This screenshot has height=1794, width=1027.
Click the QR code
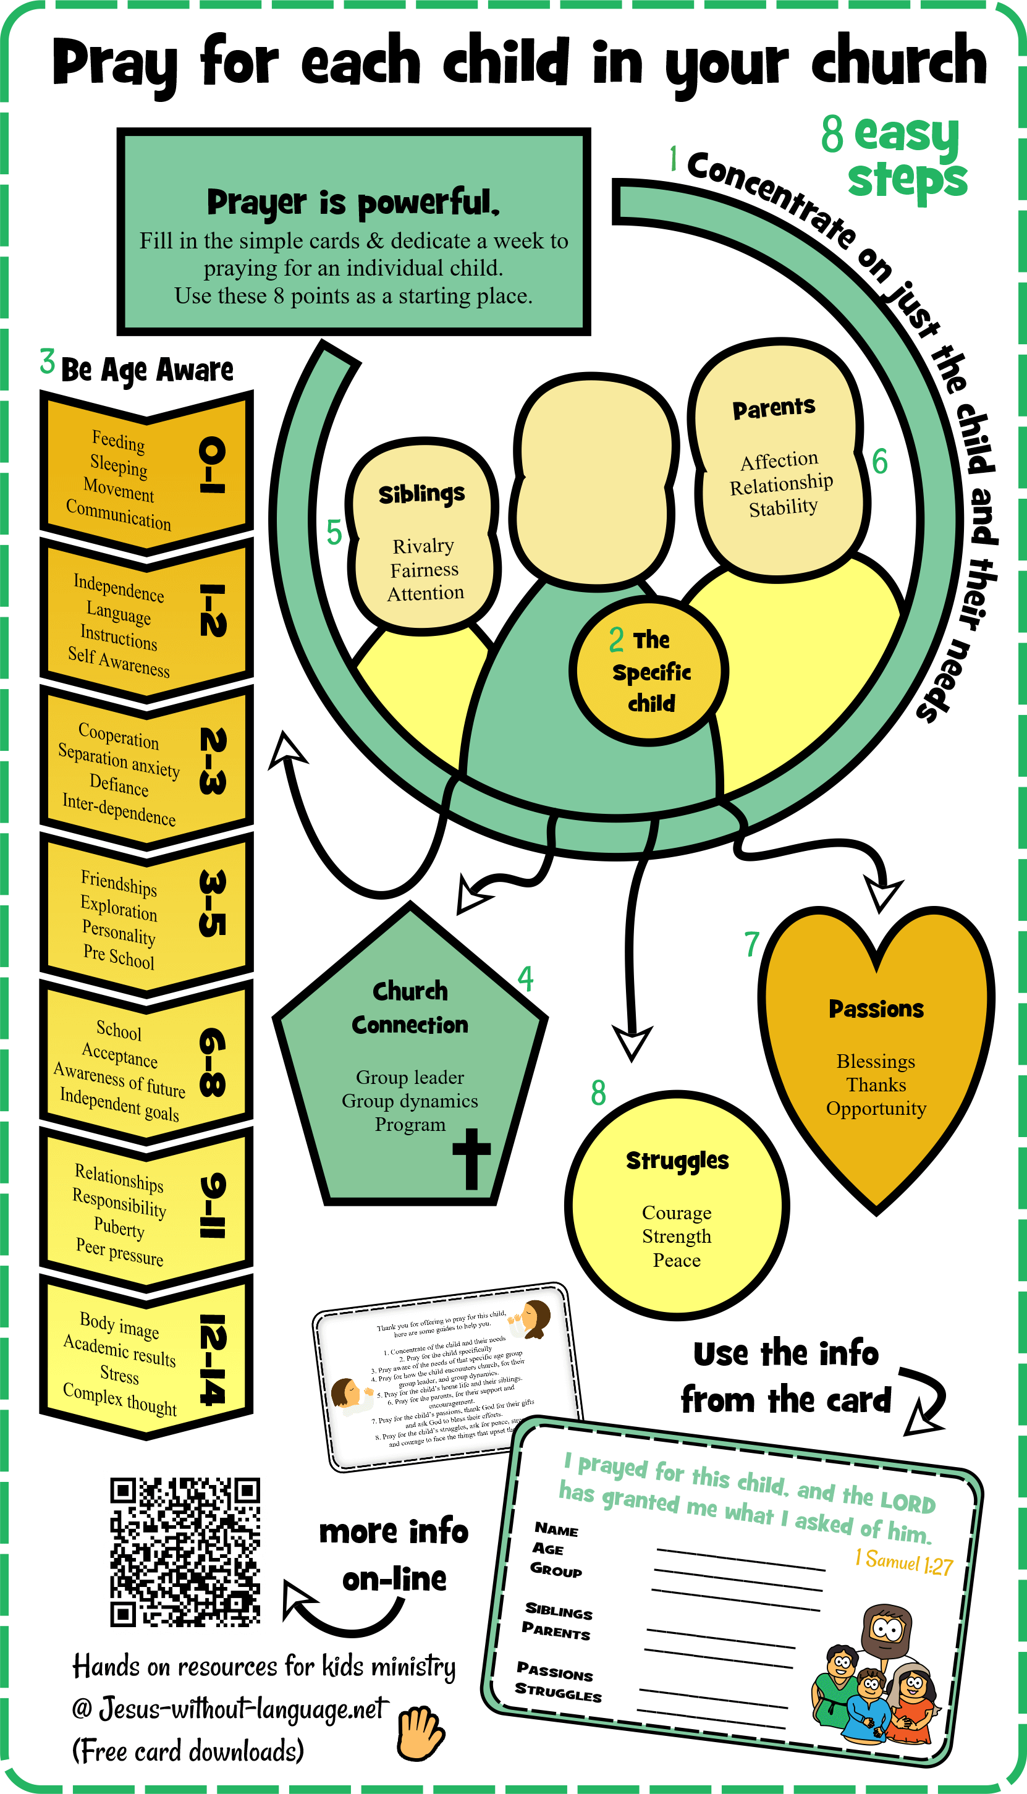(x=185, y=1551)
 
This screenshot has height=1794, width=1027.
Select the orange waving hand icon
(x=420, y=1733)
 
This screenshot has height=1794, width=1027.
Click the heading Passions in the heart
(x=876, y=1009)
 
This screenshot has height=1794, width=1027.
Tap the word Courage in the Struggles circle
(x=677, y=1213)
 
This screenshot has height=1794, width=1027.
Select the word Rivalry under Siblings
(x=423, y=546)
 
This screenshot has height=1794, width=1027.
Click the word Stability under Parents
(x=783, y=507)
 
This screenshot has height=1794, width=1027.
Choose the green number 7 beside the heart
(x=752, y=944)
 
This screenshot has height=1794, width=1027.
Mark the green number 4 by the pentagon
(x=525, y=979)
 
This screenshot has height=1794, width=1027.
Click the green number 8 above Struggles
(x=598, y=1093)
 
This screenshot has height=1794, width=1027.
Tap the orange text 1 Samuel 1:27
(x=903, y=1562)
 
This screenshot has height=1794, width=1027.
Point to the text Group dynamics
(x=410, y=1101)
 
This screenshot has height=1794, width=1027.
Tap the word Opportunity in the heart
(x=876, y=1109)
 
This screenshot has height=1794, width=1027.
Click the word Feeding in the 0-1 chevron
(x=119, y=441)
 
